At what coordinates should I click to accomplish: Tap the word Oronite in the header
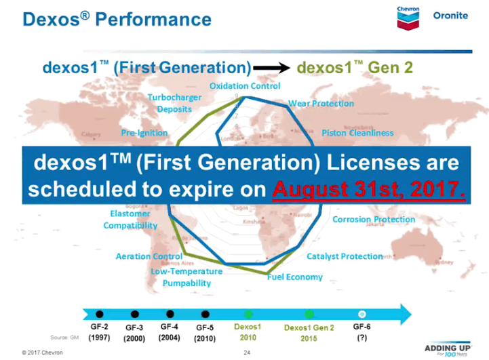tap(450, 16)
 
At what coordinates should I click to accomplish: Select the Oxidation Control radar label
tap(245, 86)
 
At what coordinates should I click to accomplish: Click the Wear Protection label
tap(321, 104)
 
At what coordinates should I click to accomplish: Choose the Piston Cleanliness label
tap(357, 133)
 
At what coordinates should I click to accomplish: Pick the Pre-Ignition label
tap(144, 133)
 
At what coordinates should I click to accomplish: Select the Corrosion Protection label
tap(374, 220)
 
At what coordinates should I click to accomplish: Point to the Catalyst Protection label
tap(345, 256)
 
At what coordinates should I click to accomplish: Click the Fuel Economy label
tap(294, 277)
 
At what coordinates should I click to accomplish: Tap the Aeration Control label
tap(149, 256)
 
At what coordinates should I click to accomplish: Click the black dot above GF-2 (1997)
tap(100, 314)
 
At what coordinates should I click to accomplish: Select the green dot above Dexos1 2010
tap(248, 314)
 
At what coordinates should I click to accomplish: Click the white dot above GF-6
tap(361, 314)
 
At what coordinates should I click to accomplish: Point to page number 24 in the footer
tap(247, 353)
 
